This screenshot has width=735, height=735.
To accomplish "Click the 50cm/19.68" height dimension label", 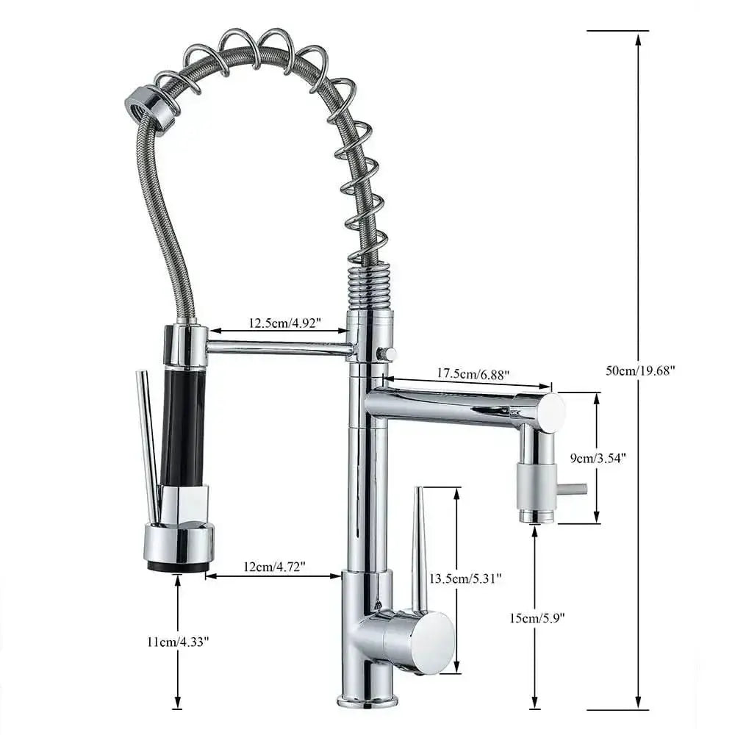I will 639,370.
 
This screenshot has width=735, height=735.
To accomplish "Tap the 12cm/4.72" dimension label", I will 273,567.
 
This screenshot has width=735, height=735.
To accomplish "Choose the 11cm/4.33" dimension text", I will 178,641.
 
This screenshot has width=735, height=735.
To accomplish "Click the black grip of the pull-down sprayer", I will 183,426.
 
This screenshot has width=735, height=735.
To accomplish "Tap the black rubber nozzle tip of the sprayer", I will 179,566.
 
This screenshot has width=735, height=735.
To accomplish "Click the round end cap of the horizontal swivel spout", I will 550,412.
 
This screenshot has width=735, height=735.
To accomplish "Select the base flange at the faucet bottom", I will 367,699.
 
